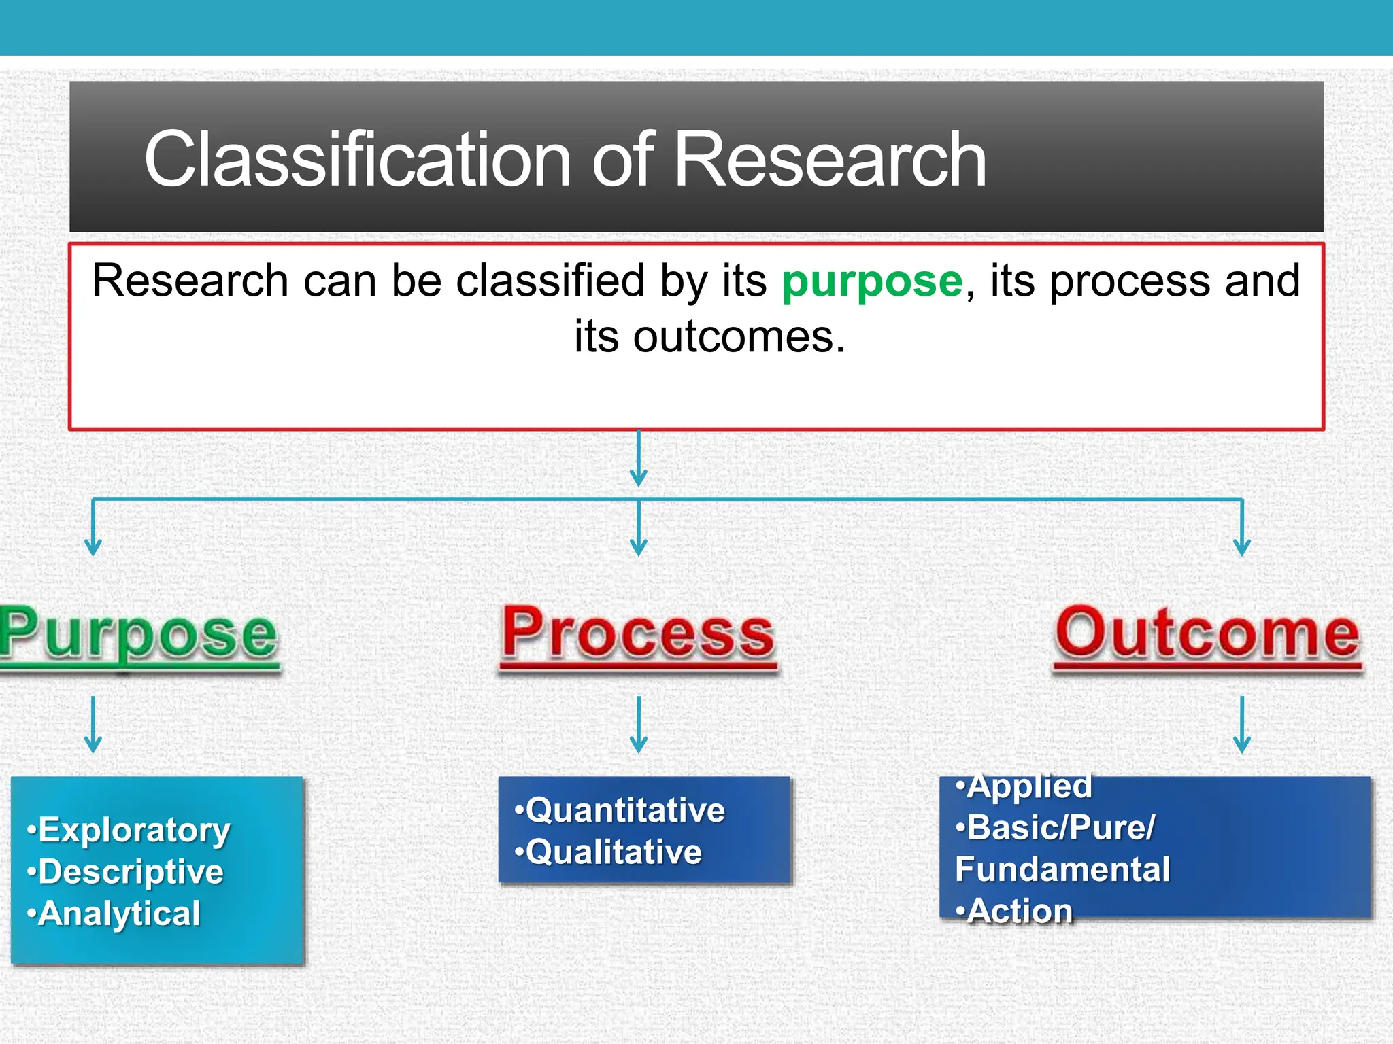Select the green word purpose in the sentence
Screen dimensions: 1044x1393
[872, 281]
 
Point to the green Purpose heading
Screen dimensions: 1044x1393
[139, 633]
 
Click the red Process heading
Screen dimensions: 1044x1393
[638, 633]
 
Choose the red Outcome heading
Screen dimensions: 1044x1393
[1207, 633]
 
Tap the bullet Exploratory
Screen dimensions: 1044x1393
[133, 830]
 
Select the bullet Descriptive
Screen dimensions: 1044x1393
[130, 872]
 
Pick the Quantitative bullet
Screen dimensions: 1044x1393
[624, 810]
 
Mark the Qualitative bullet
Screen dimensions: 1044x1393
[612, 852]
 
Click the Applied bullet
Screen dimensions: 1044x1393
[1028, 786]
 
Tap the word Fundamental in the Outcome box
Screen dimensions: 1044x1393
[1062, 869]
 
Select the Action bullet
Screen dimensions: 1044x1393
[1019, 911]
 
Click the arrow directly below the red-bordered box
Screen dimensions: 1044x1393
[638, 459]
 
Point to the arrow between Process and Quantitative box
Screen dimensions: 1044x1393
[638, 724]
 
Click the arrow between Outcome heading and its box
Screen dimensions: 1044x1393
[1242, 724]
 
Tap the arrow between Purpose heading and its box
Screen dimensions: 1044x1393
[93, 724]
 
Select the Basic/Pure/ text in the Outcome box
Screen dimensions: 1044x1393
[1060, 828]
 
